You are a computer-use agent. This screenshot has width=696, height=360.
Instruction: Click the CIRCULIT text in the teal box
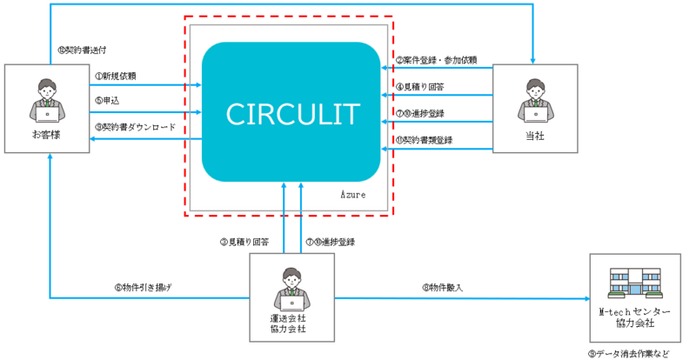click(x=291, y=113)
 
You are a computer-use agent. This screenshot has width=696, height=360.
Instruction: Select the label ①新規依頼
click(x=116, y=76)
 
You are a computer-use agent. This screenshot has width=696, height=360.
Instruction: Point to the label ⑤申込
click(x=107, y=100)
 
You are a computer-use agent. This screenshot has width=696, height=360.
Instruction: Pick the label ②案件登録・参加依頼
click(x=436, y=60)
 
